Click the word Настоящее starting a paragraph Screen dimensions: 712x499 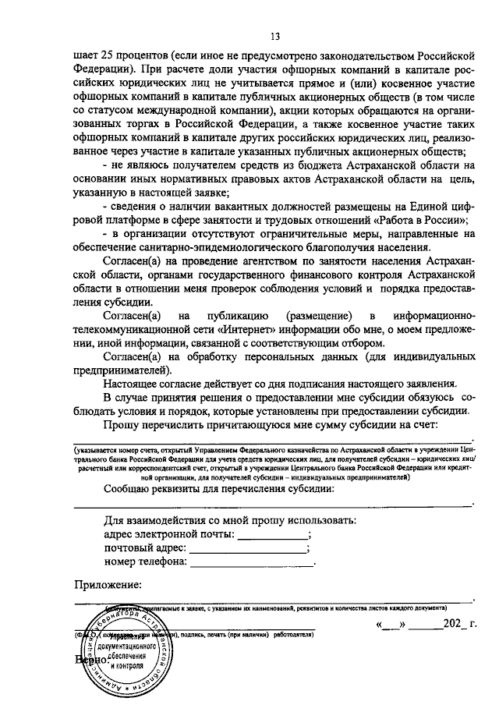(x=130, y=383)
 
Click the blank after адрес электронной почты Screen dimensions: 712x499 (x=272, y=535)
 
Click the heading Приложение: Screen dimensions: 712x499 (x=108, y=585)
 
